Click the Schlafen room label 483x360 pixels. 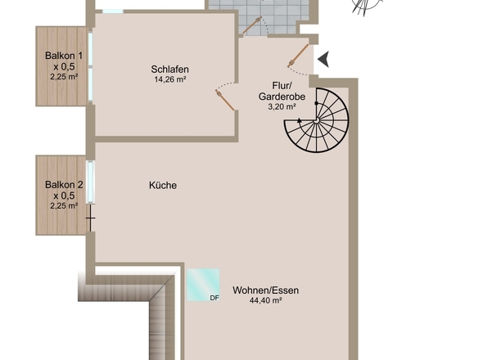(x=169, y=70)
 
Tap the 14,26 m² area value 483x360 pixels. (x=170, y=79)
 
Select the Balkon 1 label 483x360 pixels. (x=64, y=56)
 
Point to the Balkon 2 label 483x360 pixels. (x=64, y=185)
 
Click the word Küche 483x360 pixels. (x=163, y=186)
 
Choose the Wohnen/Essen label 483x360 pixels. (x=265, y=290)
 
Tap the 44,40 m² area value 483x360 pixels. (x=265, y=300)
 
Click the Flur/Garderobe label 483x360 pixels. (x=282, y=91)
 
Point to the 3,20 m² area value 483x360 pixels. (x=282, y=107)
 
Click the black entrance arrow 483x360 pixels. (x=323, y=59)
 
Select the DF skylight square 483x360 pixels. (x=203, y=285)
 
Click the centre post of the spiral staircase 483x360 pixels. (x=316, y=121)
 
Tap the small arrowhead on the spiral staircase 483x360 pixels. (x=300, y=120)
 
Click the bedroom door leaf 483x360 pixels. (x=225, y=101)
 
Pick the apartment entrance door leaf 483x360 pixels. (x=298, y=56)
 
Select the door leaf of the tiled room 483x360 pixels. (x=251, y=26)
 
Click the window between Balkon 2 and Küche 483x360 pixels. (x=91, y=182)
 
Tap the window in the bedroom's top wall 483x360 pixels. (x=113, y=11)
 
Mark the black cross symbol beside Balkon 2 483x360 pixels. (x=90, y=218)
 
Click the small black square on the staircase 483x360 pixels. (x=316, y=103)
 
